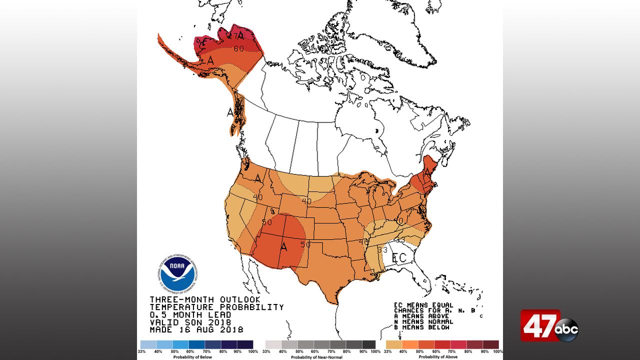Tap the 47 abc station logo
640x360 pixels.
[x=549, y=326]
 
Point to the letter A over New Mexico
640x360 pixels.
[x=284, y=246]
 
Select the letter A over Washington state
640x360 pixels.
[x=258, y=178]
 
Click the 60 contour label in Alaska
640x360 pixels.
[x=238, y=49]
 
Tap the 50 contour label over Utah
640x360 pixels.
[x=266, y=222]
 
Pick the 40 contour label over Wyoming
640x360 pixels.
[x=306, y=201]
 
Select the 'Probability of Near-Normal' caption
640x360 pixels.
[x=320, y=357]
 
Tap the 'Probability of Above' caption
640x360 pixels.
[x=442, y=357]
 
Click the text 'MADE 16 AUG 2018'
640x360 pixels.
[x=196, y=330]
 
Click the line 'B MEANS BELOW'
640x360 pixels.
[x=421, y=327]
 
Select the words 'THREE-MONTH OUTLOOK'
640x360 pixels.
[x=205, y=299]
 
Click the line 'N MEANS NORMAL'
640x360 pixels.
[x=423, y=321]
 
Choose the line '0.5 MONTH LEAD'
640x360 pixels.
[x=190, y=315]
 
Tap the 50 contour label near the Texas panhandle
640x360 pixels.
[x=305, y=244]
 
